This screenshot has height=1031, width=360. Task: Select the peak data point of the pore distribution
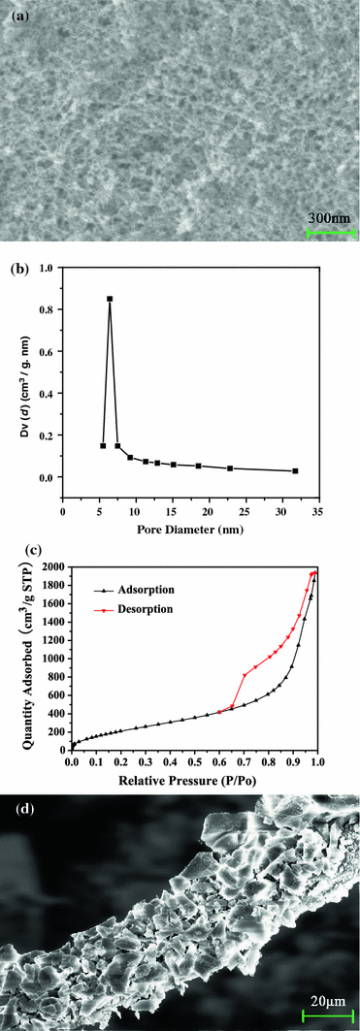[x=110, y=299]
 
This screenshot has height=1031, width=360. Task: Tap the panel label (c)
[x=17, y=558]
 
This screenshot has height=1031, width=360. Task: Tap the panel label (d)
[x=17, y=809]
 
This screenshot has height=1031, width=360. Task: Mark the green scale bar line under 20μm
[x=324, y=1015]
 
